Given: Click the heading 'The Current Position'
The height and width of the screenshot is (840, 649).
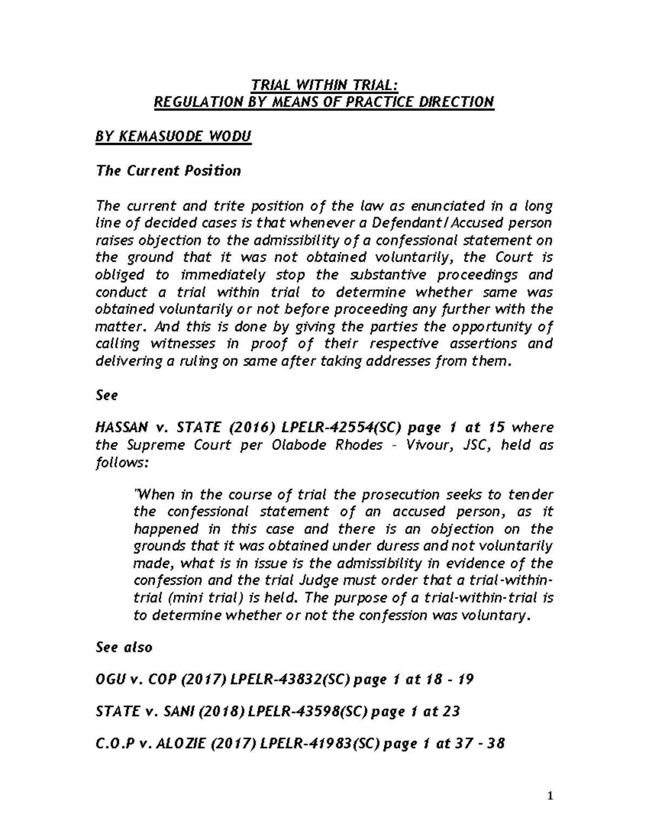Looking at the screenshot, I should pos(168,171).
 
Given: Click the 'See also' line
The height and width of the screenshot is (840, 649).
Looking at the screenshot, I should pos(124,647).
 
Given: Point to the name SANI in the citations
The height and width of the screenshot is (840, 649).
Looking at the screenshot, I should pos(177,711).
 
